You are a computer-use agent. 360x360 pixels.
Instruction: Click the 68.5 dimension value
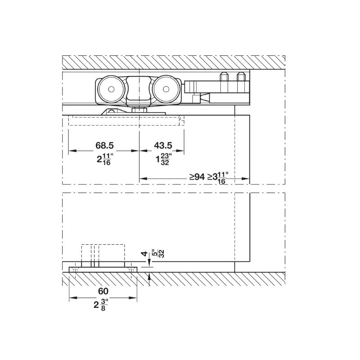pyautogui.click(x=104, y=145)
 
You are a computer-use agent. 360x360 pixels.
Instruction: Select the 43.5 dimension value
pyautogui.click(x=163, y=145)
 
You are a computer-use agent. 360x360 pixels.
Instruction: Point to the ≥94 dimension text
pyautogui.click(x=197, y=177)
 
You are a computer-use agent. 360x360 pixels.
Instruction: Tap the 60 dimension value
pyautogui.click(x=103, y=291)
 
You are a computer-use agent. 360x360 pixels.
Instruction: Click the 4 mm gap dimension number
pyautogui.click(x=144, y=254)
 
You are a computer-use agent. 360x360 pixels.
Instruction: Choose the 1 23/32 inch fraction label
pyautogui.click(x=164, y=159)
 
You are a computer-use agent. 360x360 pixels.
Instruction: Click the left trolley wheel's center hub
pyautogui.click(x=111, y=89)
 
